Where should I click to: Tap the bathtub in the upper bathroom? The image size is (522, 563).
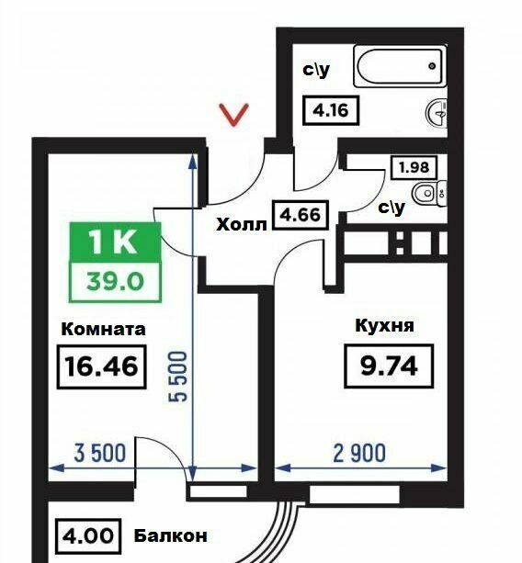coord(400,66)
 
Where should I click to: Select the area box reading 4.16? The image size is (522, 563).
coord(331,110)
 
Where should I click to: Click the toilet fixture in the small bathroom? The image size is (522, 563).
coord(429,194)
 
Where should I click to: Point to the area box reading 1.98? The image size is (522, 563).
coord(414,167)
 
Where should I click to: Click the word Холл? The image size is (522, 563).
coord(242,225)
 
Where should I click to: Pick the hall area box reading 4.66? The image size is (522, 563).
coord(301,215)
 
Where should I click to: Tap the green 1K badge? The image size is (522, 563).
coord(115,242)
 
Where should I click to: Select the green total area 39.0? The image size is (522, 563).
coord(115,281)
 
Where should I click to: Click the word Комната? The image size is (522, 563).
coord(104,329)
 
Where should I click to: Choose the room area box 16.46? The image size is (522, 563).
coord(102,366)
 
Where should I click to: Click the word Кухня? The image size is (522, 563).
coord(385,326)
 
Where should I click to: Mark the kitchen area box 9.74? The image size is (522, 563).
coord(389,366)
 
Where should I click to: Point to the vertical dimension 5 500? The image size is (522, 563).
coord(178,377)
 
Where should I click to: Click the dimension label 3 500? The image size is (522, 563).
coord(100,453)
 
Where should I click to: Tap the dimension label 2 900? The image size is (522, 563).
coord(359,453)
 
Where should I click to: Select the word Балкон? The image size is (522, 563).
coord(171,536)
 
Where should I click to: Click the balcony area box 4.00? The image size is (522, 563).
coord(88,536)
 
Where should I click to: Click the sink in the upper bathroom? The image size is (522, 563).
coord(437,113)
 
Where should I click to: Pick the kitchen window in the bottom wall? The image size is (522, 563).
coord(354,495)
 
